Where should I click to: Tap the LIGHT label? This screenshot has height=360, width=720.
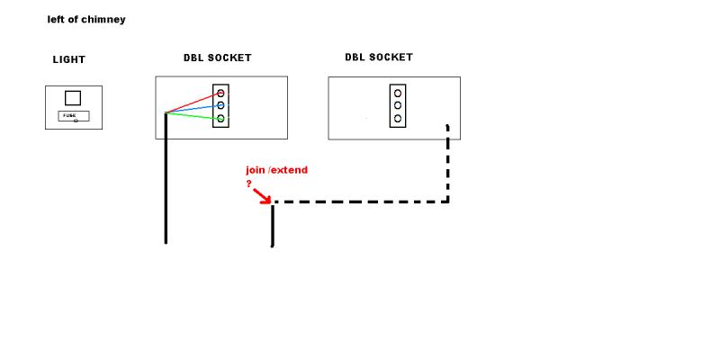[x=69, y=59]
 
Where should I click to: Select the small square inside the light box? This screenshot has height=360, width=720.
[x=73, y=98]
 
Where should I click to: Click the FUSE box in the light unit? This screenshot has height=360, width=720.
[x=74, y=116]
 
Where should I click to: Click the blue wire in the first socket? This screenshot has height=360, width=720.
[x=195, y=109]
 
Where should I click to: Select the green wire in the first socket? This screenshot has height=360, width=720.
[x=195, y=116]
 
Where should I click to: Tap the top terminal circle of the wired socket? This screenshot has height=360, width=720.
[x=220, y=94]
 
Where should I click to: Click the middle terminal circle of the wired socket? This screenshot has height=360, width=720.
[x=220, y=105]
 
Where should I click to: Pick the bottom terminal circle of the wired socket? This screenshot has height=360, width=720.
[x=220, y=119]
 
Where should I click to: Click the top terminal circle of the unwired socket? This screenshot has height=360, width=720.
[x=398, y=94]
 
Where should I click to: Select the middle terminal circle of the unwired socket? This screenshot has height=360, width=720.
[x=398, y=105]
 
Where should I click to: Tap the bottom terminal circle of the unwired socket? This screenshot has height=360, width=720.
[x=398, y=119]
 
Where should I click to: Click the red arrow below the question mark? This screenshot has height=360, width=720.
[x=262, y=196]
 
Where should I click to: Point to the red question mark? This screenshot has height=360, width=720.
[x=249, y=184]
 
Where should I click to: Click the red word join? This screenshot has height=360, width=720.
[x=256, y=170]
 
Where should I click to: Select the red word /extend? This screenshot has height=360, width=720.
[x=288, y=170]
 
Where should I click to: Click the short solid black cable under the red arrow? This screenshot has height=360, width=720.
[x=273, y=226]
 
